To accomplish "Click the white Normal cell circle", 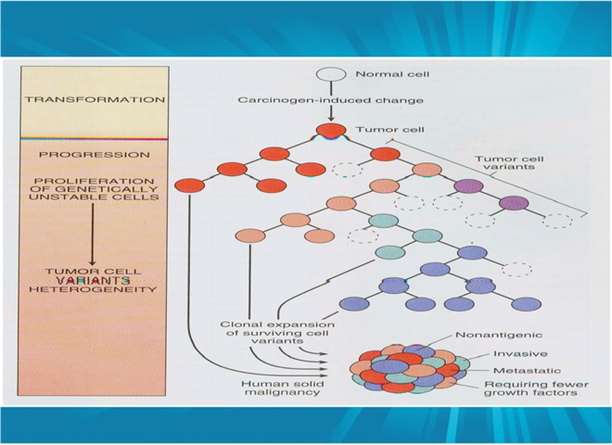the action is coord(331,74).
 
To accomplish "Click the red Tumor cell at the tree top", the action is coord(331,131).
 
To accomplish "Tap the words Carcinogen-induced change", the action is coord(331,100).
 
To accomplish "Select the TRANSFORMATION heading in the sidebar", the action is coord(95,99).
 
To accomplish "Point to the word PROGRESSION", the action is coord(95,155).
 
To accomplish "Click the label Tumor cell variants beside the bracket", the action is coord(509,163).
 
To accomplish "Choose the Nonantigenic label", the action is coord(499,335).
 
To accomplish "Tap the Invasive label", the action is coord(520,353).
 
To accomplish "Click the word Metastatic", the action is coord(527,371).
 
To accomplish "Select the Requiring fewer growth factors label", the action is coord(536,388).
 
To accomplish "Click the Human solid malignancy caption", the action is coord(283,388).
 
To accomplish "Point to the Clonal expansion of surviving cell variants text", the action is coord(277,333).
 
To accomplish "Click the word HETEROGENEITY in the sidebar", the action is coord(93,289).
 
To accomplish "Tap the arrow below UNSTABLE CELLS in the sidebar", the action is coord(93,235).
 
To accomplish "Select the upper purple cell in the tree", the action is coord(469,186).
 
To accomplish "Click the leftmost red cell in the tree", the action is coord(190,185).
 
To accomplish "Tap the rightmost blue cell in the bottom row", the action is coord(526,304).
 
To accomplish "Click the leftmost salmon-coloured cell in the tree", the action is coord(250,235).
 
